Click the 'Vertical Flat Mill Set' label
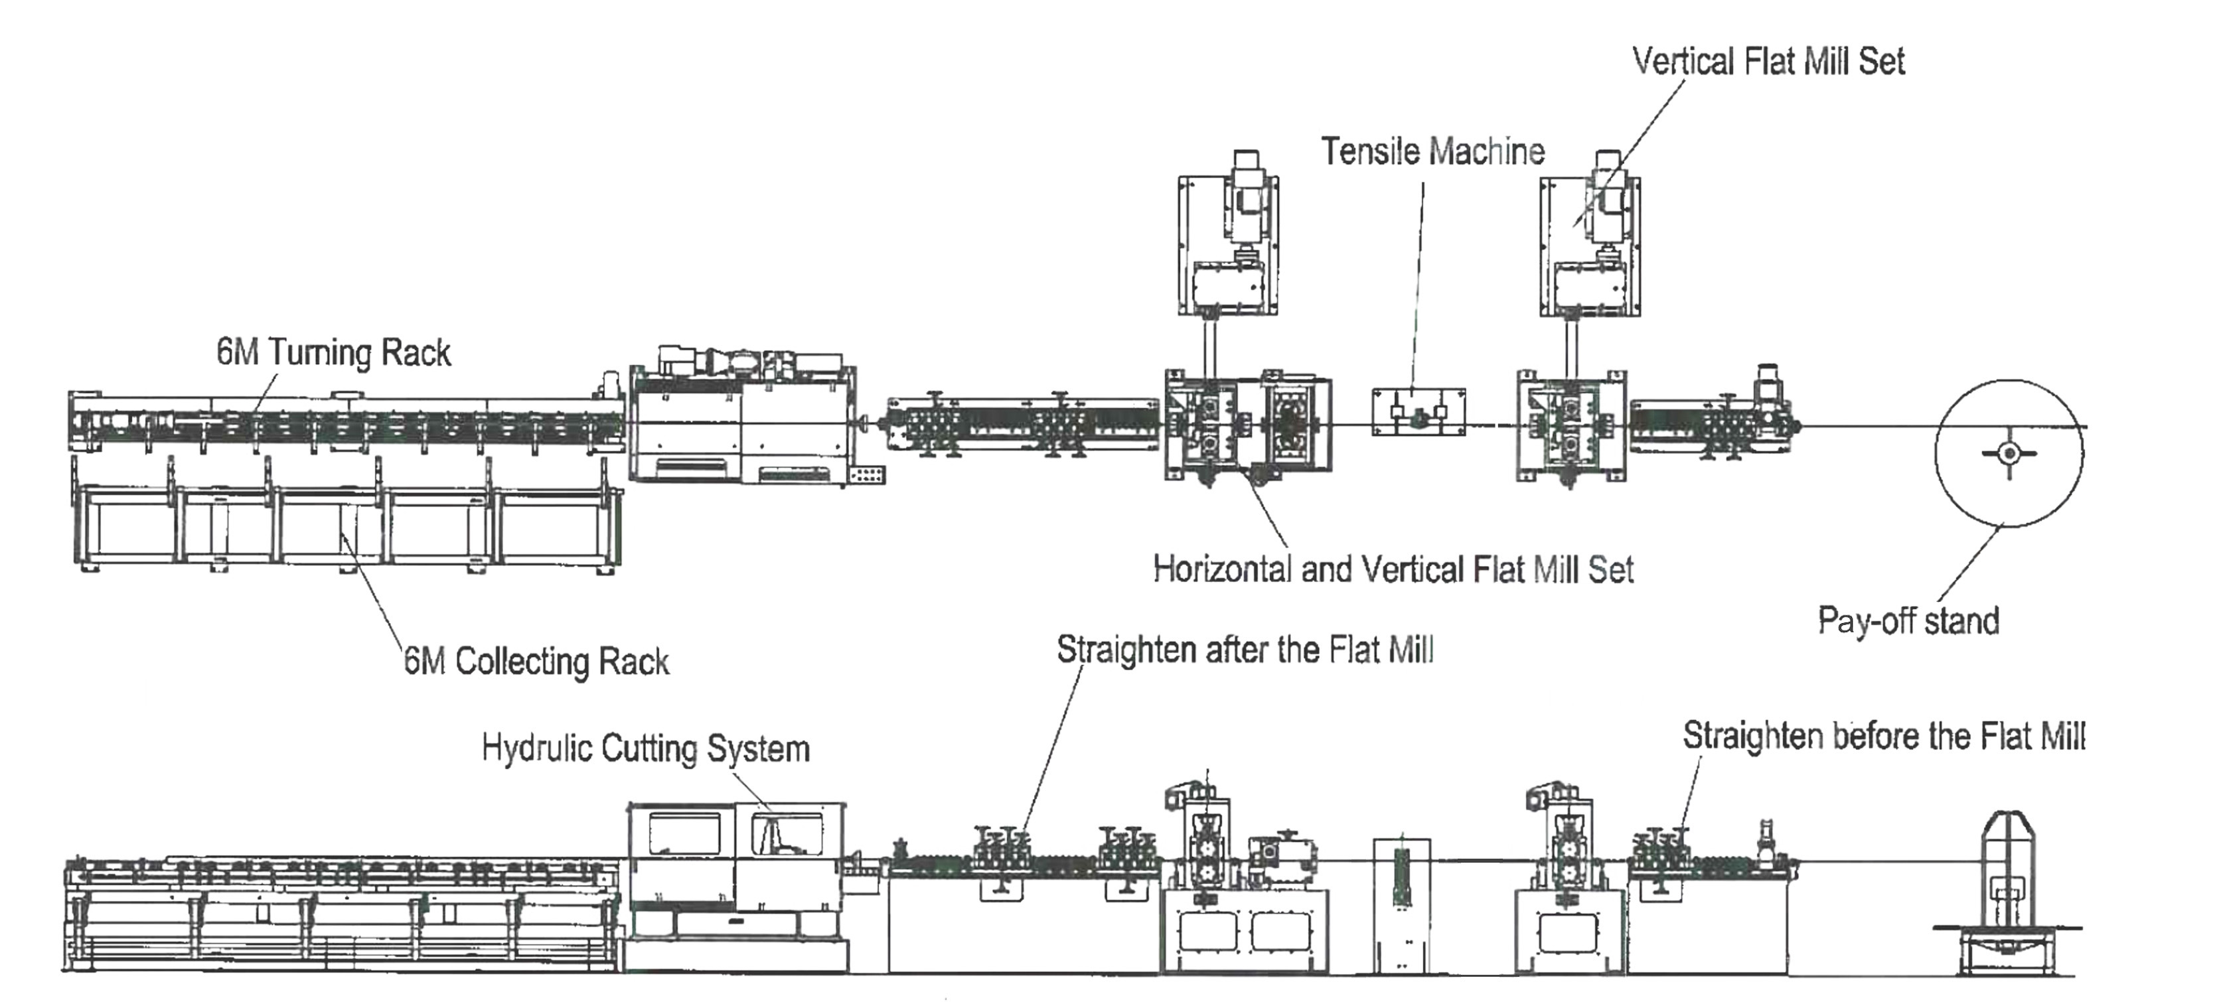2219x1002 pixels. (x=1768, y=62)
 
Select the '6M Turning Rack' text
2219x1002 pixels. (x=333, y=353)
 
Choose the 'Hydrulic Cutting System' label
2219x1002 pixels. (x=645, y=748)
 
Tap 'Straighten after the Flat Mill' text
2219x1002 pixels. (x=1245, y=650)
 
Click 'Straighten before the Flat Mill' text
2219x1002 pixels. (x=1883, y=737)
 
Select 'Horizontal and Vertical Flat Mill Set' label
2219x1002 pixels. (x=1393, y=570)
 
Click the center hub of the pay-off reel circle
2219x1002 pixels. (x=2009, y=453)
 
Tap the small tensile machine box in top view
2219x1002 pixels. (x=1418, y=412)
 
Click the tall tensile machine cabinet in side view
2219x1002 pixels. (x=1401, y=904)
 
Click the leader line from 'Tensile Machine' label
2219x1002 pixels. (x=1418, y=284)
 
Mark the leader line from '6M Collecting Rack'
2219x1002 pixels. (x=375, y=594)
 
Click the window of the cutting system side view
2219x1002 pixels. (x=685, y=833)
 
